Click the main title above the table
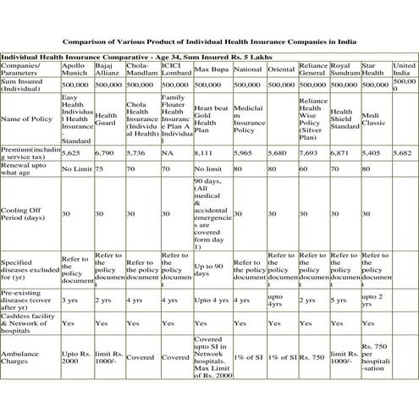point(209,41)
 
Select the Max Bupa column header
point(209,68)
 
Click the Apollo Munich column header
point(77,68)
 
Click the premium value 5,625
point(71,153)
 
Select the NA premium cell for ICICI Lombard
point(168,153)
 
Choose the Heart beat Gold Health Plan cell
point(210,121)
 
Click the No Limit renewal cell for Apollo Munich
point(76,169)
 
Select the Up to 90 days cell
point(210,268)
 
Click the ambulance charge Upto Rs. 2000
point(75,356)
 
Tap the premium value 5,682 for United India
point(403,153)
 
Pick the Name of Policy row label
point(26,121)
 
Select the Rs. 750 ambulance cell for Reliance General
point(311,356)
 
